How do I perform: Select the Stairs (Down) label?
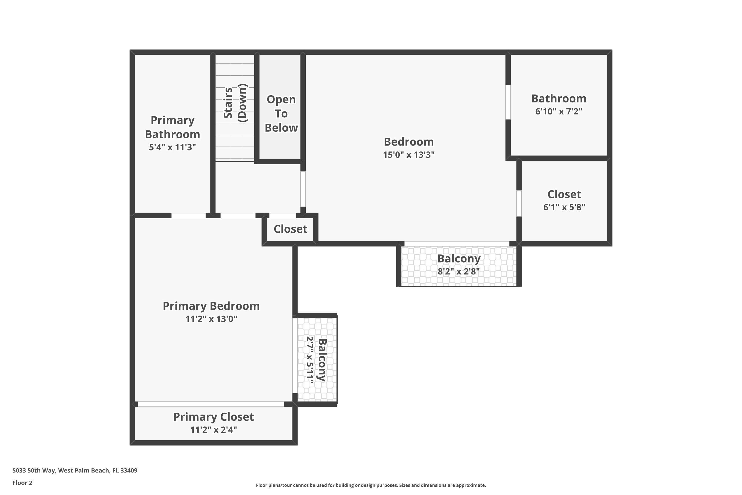[235, 103]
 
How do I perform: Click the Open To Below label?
[281, 114]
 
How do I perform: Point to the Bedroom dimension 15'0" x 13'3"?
[409, 155]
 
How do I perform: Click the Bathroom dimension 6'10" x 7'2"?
[558, 111]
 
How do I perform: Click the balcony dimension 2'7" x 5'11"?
[310, 360]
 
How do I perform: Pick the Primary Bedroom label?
[211, 306]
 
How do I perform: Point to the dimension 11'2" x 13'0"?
[211, 319]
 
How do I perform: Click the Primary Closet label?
[214, 417]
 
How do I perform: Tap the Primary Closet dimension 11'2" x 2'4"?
[214, 430]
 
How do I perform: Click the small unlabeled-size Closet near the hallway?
[290, 229]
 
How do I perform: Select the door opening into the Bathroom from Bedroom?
[508, 102]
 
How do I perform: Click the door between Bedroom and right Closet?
[519, 203]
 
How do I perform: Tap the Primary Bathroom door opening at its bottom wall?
[188, 216]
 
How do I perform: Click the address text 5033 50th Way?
[75, 470]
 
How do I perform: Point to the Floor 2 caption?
[23, 483]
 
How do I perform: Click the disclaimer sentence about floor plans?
[371, 485]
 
